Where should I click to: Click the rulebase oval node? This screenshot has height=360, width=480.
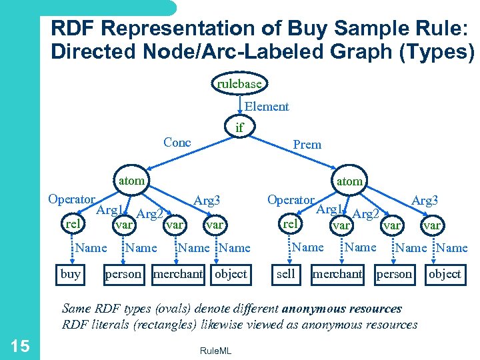239,84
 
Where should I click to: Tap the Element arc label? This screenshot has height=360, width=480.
267,107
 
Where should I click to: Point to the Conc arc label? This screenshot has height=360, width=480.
177,142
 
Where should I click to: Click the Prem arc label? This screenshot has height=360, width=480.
307,144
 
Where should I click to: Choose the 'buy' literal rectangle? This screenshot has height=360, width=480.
71,274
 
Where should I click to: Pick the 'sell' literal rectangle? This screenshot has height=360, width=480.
285,274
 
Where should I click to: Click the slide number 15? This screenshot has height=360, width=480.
19,345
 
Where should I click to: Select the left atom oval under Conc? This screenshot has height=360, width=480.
131,180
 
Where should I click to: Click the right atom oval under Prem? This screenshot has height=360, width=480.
349,181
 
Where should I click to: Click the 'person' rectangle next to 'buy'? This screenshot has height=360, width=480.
123,274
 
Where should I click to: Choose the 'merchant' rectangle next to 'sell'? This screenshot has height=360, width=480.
337,274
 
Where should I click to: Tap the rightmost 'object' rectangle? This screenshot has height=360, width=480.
445,274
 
